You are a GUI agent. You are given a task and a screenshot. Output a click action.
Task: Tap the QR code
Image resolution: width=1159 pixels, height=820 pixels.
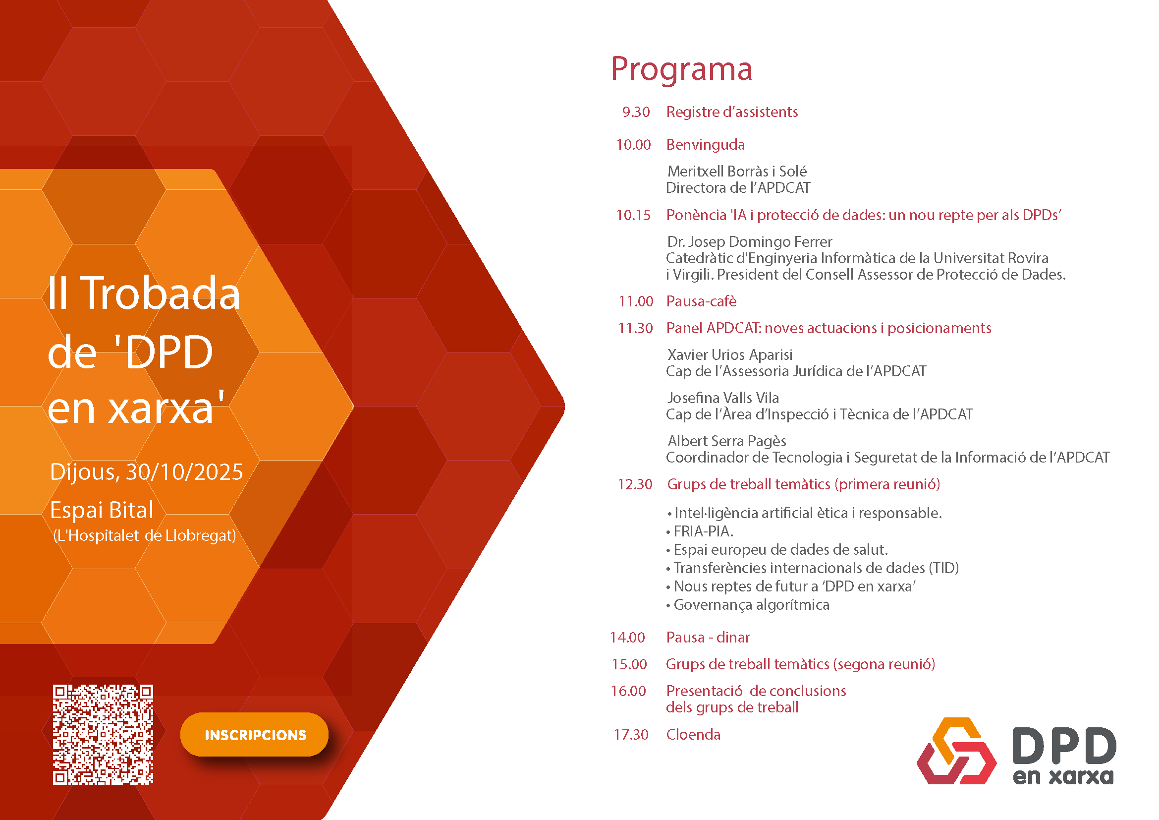coord(103,734)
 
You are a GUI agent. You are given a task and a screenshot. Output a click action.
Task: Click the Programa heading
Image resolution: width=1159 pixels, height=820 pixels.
coord(681,69)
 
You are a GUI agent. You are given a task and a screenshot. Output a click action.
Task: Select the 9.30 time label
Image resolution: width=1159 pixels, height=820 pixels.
coord(636,112)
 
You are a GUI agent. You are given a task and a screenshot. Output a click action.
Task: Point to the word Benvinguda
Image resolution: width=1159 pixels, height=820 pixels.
coord(705,145)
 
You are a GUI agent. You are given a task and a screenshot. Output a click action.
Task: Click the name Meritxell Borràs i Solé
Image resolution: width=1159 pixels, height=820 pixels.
coord(736,171)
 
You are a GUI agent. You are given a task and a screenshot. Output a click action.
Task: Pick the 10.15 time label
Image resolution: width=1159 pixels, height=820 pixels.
coord(633,215)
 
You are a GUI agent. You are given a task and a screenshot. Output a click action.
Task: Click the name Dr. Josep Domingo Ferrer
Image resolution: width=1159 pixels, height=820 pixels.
coord(749,241)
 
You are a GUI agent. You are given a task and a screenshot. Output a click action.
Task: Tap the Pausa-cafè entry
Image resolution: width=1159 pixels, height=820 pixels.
coord(701,301)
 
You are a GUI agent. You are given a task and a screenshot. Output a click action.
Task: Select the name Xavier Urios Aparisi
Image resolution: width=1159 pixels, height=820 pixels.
coord(729,354)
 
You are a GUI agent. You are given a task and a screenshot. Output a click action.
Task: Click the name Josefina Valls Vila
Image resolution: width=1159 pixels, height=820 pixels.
coord(722,398)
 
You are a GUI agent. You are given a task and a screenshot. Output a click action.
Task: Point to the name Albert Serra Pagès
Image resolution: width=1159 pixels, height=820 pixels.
coord(726,441)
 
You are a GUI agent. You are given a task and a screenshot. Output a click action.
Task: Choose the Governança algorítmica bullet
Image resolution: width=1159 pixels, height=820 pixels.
coord(751,605)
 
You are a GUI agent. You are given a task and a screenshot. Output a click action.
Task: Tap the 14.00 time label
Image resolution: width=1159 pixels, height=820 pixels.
coord(627,637)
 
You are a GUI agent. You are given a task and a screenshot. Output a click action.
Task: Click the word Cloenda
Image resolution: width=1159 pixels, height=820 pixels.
coord(693,734)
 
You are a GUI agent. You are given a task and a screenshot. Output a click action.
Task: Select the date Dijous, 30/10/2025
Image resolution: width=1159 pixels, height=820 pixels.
coord(146,471)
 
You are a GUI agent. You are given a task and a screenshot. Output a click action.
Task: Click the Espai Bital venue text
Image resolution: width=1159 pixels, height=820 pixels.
coord(102,510)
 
